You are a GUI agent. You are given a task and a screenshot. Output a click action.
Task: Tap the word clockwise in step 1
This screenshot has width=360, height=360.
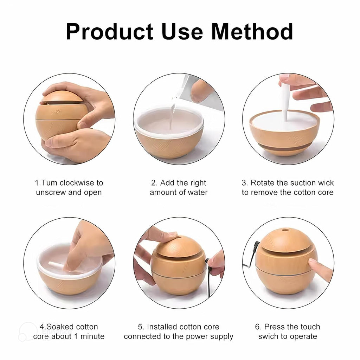tap(77, 183)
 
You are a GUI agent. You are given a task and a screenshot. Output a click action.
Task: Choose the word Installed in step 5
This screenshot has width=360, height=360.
tap(162, 327)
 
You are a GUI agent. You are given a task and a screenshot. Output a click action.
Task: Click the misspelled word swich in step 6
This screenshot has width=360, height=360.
tap(268, 336)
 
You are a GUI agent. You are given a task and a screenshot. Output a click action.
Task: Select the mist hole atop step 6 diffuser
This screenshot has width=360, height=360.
tap(284, 230)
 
